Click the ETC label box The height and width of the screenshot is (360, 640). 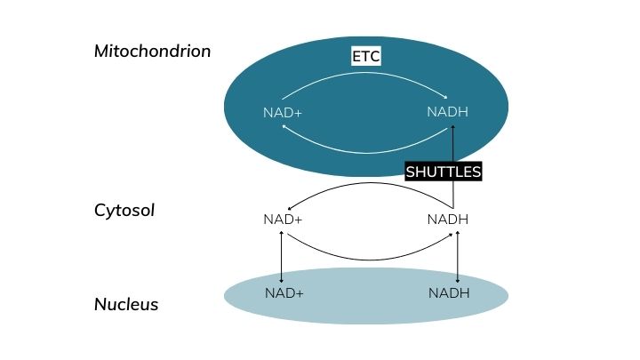366,56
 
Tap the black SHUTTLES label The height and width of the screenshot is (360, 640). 444,172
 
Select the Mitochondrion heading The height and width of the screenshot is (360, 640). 152,51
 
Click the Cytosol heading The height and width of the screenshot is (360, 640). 124,211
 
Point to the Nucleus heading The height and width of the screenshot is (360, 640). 126,304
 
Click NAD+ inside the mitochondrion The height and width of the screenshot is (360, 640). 283,112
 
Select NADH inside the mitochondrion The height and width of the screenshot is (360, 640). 447,111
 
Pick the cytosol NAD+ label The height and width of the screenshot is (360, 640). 283,220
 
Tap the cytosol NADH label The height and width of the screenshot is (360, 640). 448,220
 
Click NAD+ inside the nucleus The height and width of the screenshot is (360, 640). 284,292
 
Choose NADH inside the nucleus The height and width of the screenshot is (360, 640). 449,292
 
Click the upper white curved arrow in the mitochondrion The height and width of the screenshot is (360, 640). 364,73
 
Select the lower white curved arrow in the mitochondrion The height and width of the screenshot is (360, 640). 365,153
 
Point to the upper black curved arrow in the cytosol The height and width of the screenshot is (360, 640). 371,183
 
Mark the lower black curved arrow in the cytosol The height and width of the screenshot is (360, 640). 371,260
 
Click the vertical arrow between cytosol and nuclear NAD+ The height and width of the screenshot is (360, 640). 281,257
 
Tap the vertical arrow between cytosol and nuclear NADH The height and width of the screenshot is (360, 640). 458,257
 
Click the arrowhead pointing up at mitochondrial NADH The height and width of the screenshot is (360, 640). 452,127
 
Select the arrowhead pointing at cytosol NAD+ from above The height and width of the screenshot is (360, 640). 290,209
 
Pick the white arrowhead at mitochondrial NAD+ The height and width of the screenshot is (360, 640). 284,126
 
